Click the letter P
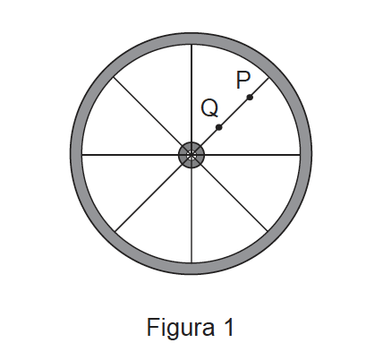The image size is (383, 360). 243,80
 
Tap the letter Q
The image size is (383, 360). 209,108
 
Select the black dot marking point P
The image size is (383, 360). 250,98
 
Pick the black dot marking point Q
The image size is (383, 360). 218,127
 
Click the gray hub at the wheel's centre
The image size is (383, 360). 191,155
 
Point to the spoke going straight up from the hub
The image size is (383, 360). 191,93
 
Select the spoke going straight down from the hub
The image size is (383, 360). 191,215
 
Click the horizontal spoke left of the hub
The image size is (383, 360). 131,155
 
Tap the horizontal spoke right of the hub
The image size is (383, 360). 252,155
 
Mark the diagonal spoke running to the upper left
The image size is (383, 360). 148,112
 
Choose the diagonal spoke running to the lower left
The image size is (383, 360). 149,198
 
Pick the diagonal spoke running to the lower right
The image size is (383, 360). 234,198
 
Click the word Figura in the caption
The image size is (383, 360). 181,328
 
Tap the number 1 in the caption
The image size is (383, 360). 228,327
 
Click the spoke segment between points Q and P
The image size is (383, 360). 234,112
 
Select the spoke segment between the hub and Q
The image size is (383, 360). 209,137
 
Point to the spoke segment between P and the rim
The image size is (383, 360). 260,87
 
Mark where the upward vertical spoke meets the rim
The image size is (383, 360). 191,45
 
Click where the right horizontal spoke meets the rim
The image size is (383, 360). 300,155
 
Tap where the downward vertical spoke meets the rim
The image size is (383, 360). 191,263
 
